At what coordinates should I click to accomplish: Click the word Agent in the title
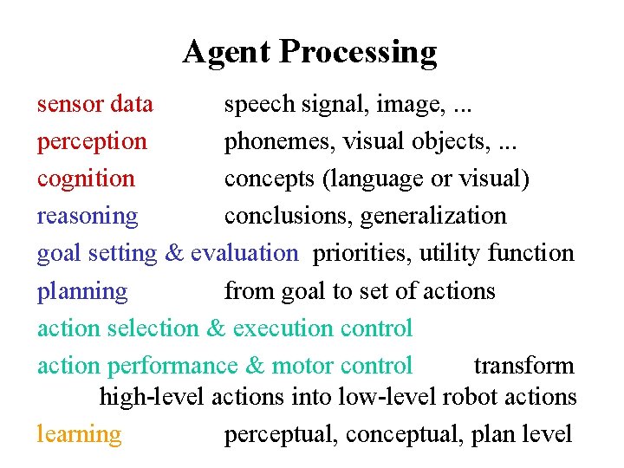point(227,53)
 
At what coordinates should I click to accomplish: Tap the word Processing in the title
point(358,53)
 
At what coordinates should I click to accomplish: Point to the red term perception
point(92,142)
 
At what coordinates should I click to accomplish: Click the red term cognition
point(86,179)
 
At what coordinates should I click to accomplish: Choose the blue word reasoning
point(87,216)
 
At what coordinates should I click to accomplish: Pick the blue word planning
point(82,291)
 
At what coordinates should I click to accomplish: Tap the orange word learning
point(79,433)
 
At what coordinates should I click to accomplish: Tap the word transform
point(523,366)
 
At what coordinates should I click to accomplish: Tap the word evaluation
point(244,253)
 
